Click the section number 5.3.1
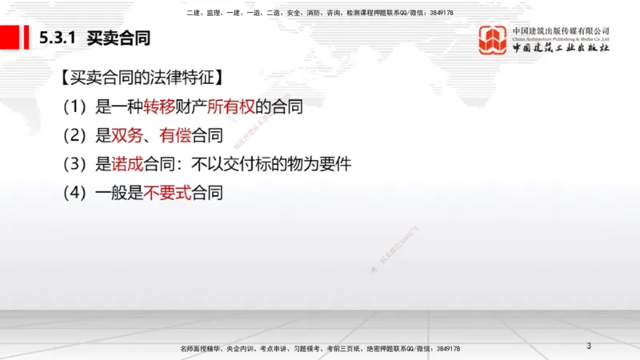click(58, 38)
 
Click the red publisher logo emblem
click(493, 40)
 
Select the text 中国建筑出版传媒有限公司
click(561, 31)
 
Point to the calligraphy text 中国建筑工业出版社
click(561, 48)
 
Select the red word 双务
click(125, 135)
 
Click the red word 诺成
click(125, 164)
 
